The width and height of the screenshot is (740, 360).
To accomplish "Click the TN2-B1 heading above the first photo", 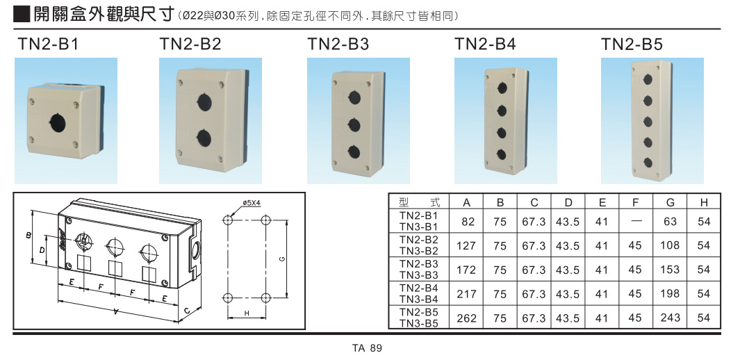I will pos(48,45).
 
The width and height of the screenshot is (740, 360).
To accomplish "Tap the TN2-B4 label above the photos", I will pos(485,45).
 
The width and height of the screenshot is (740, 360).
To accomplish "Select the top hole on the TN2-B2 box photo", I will pos(204,102).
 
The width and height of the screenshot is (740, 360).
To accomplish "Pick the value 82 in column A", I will pos(467,222).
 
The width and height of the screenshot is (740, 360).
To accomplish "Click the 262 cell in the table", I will pos(467,318).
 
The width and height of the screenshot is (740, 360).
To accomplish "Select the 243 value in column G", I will pos(670,318).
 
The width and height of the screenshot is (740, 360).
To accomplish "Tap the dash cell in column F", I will pos(635,222).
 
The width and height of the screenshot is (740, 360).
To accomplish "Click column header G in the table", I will pos(670,202).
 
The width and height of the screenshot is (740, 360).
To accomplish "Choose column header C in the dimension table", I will pos(534,202).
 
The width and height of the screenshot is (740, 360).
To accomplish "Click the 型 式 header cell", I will pos(419,202).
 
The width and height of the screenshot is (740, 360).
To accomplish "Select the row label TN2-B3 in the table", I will pos(419,264).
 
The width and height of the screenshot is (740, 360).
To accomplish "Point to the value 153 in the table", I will pos(670,270).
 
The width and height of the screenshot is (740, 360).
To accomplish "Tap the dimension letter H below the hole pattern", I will pos(247,314).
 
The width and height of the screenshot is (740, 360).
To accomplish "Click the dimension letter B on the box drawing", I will pos(29,236).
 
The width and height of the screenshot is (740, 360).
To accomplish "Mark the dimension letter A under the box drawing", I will pos(115,312).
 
